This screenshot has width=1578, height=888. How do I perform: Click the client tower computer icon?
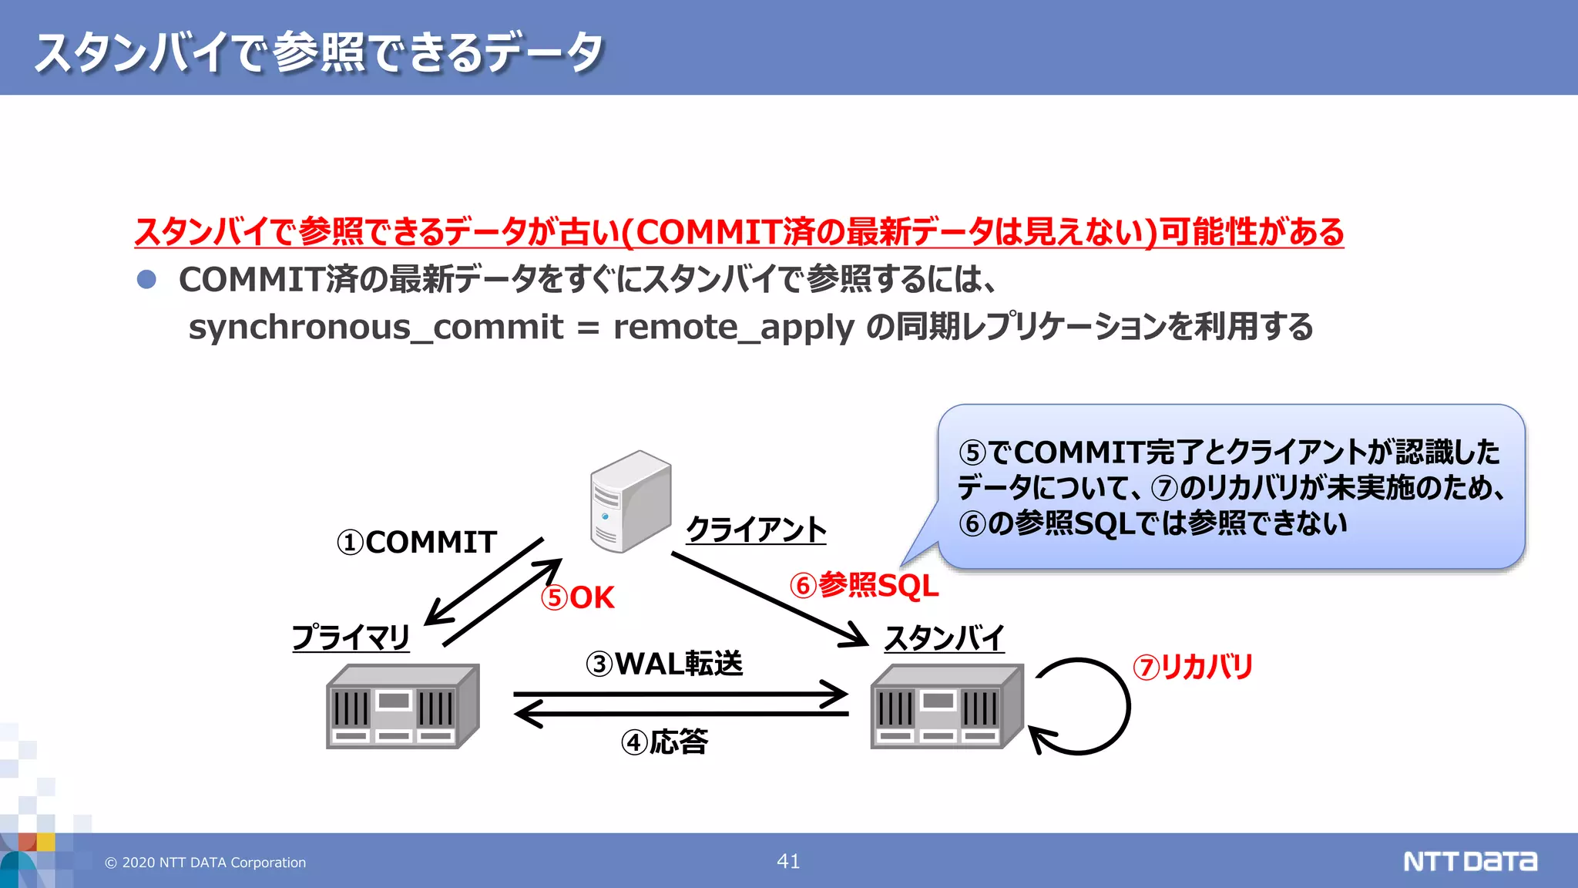pos(630,501)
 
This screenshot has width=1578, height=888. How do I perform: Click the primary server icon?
pos(402,707)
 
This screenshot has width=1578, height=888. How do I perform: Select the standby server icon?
pos(947,707)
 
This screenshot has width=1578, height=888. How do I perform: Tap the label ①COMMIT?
pos(417,543)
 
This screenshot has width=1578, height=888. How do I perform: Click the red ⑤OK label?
pos(578,598)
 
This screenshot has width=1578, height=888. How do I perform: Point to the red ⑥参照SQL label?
pos(864,586)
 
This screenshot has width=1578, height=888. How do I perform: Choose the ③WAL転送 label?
pos(664,664)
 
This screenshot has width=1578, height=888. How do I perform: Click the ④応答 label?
pos(664,742)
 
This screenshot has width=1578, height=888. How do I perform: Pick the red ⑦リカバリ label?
pos(1193,667)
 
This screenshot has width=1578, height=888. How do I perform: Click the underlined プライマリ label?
pos(351,637)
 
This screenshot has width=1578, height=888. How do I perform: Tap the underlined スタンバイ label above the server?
pos(944,638)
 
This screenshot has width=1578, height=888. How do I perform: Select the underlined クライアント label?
pos(756,530)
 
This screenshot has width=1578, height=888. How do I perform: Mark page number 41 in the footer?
pos(788,861)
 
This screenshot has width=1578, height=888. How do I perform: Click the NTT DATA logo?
pos(1469,861)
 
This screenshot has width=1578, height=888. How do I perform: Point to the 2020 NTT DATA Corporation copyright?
pos(206,863)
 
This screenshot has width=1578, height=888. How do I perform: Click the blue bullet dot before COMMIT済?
pos(146,279)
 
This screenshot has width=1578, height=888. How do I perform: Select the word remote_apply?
pos(734,327)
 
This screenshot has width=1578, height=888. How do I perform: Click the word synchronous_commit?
pos(376,327)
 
